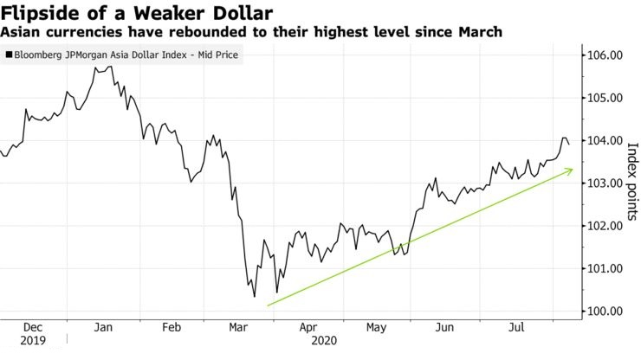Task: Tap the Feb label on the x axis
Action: [172, 328]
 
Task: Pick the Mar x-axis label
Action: [236, 328]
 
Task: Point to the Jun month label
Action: [445, 328]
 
